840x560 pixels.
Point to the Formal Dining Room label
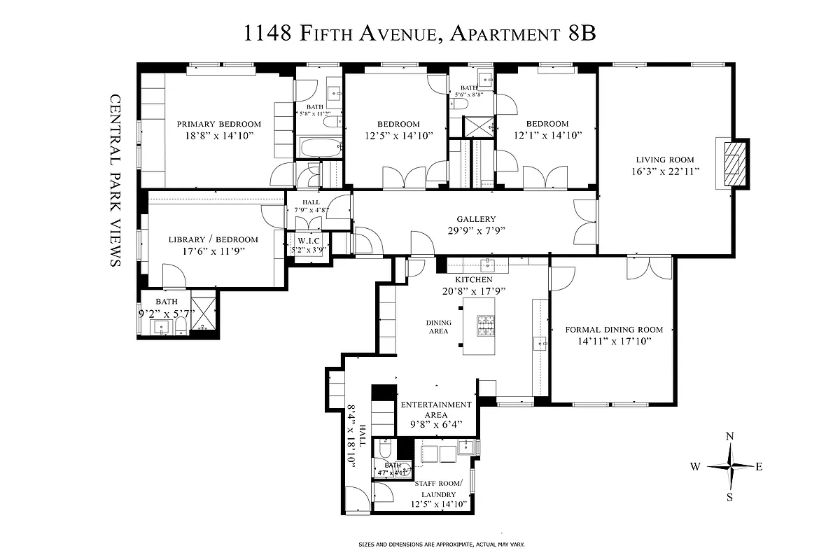[614, 329]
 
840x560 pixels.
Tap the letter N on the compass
[730, 436]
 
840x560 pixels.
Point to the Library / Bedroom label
[213, 239]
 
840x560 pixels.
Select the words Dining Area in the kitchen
[438, 327]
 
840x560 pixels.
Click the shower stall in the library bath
[204, 313]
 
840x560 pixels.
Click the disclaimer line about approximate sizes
[441, 544]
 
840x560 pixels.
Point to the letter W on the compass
[696, 466]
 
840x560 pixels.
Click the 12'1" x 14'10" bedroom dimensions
[547, 136]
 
